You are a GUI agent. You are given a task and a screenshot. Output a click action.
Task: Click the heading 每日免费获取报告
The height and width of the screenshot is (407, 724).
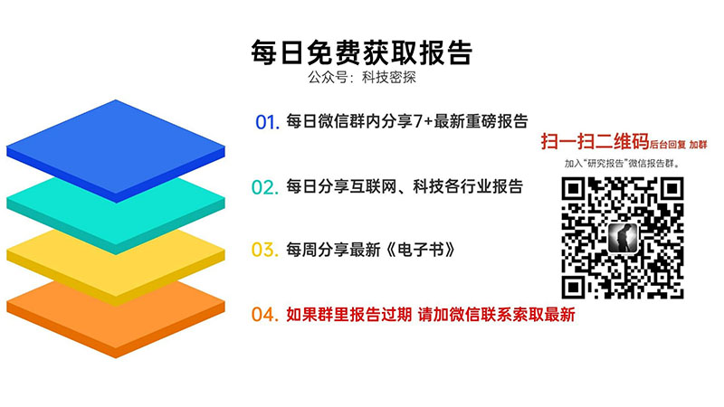pos(361,52)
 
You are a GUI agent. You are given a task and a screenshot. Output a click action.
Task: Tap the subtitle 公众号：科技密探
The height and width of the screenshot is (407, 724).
pos(362,77)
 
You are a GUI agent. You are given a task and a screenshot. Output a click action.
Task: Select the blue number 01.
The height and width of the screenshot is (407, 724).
pos(267,122)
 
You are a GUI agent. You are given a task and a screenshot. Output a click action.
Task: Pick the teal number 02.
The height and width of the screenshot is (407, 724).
pos(265,187)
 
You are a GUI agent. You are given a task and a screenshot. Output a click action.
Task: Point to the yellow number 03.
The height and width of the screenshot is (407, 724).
pos(265,251)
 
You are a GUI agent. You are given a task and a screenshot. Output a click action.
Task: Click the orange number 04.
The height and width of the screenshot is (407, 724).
pos(265,315)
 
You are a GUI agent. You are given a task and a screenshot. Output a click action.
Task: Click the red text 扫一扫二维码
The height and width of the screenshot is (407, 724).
pos(595,141)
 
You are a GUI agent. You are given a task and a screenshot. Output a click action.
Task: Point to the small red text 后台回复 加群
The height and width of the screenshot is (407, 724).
pos(678,145)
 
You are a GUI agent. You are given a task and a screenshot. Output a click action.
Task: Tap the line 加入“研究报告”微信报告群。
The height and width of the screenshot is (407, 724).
pos(622,164)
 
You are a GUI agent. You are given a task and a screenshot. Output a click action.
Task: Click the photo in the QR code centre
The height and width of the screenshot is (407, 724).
pos(623,238)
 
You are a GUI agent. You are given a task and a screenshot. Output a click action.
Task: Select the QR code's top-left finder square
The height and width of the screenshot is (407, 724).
pos(573,188)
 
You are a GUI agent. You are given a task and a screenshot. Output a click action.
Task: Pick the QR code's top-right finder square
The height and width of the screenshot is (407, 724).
pos(672,188)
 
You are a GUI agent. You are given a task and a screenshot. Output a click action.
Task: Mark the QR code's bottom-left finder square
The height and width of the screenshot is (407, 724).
pos(573,287)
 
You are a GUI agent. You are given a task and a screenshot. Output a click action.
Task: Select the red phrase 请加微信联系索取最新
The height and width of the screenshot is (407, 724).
pos(496,315)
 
